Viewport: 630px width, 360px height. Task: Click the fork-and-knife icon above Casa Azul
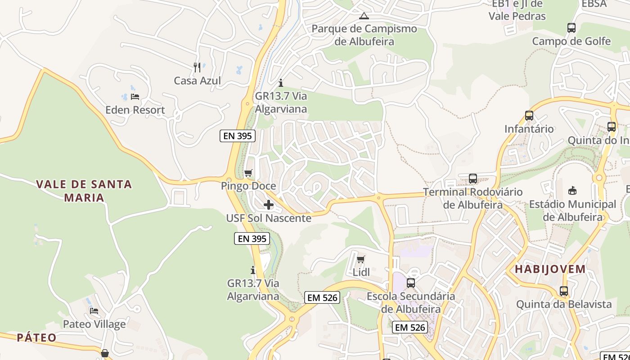click(197, 67)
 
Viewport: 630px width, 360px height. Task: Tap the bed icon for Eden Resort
click(135, 96)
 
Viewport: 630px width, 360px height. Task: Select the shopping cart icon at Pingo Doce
click(248, 173)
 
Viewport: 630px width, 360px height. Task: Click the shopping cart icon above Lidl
click(360, 259)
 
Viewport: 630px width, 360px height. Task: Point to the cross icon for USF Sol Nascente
click(269, 205)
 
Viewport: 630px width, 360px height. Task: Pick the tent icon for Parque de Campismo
click(364, 16)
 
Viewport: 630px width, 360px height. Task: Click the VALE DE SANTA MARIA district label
click(84, 191)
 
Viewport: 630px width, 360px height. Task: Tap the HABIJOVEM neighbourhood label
click(550, 270)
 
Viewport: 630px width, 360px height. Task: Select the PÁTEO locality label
click(37, 337)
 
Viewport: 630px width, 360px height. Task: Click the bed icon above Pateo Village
click(94, 310)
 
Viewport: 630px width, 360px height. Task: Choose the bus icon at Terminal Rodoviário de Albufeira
click(473, 179)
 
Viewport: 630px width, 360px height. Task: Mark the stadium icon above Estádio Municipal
click(572, 191)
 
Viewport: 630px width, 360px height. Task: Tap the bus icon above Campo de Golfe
click(571, 28)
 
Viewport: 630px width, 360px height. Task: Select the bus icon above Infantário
click(529, 116)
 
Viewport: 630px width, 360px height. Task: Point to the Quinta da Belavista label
click(564, 304)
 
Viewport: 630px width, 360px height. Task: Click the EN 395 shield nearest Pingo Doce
click(238, 136)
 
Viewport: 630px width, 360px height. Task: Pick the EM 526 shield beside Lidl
click(322, 297)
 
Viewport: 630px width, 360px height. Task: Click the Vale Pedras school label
click(517, 10)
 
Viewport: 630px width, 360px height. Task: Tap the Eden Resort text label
click(135, 110)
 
